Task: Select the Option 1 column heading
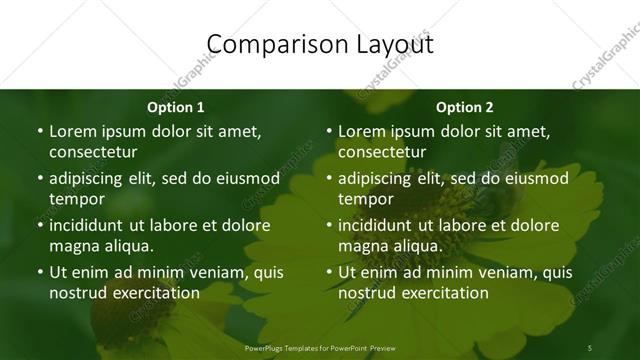[175, 107]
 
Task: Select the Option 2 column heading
[465, 107]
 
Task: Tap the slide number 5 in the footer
[590, 347]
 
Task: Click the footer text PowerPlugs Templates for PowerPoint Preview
[320, 347]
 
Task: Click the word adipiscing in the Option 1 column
[93, 178]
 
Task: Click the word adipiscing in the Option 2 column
[382, 178]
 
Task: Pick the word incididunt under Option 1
[93, 225]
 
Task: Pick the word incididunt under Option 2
[382, 225]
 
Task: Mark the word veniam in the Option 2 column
[489, 272]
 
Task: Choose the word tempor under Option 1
[74, 199]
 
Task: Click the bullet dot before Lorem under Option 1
[39, 131]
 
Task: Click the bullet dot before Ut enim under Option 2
[328, 272]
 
